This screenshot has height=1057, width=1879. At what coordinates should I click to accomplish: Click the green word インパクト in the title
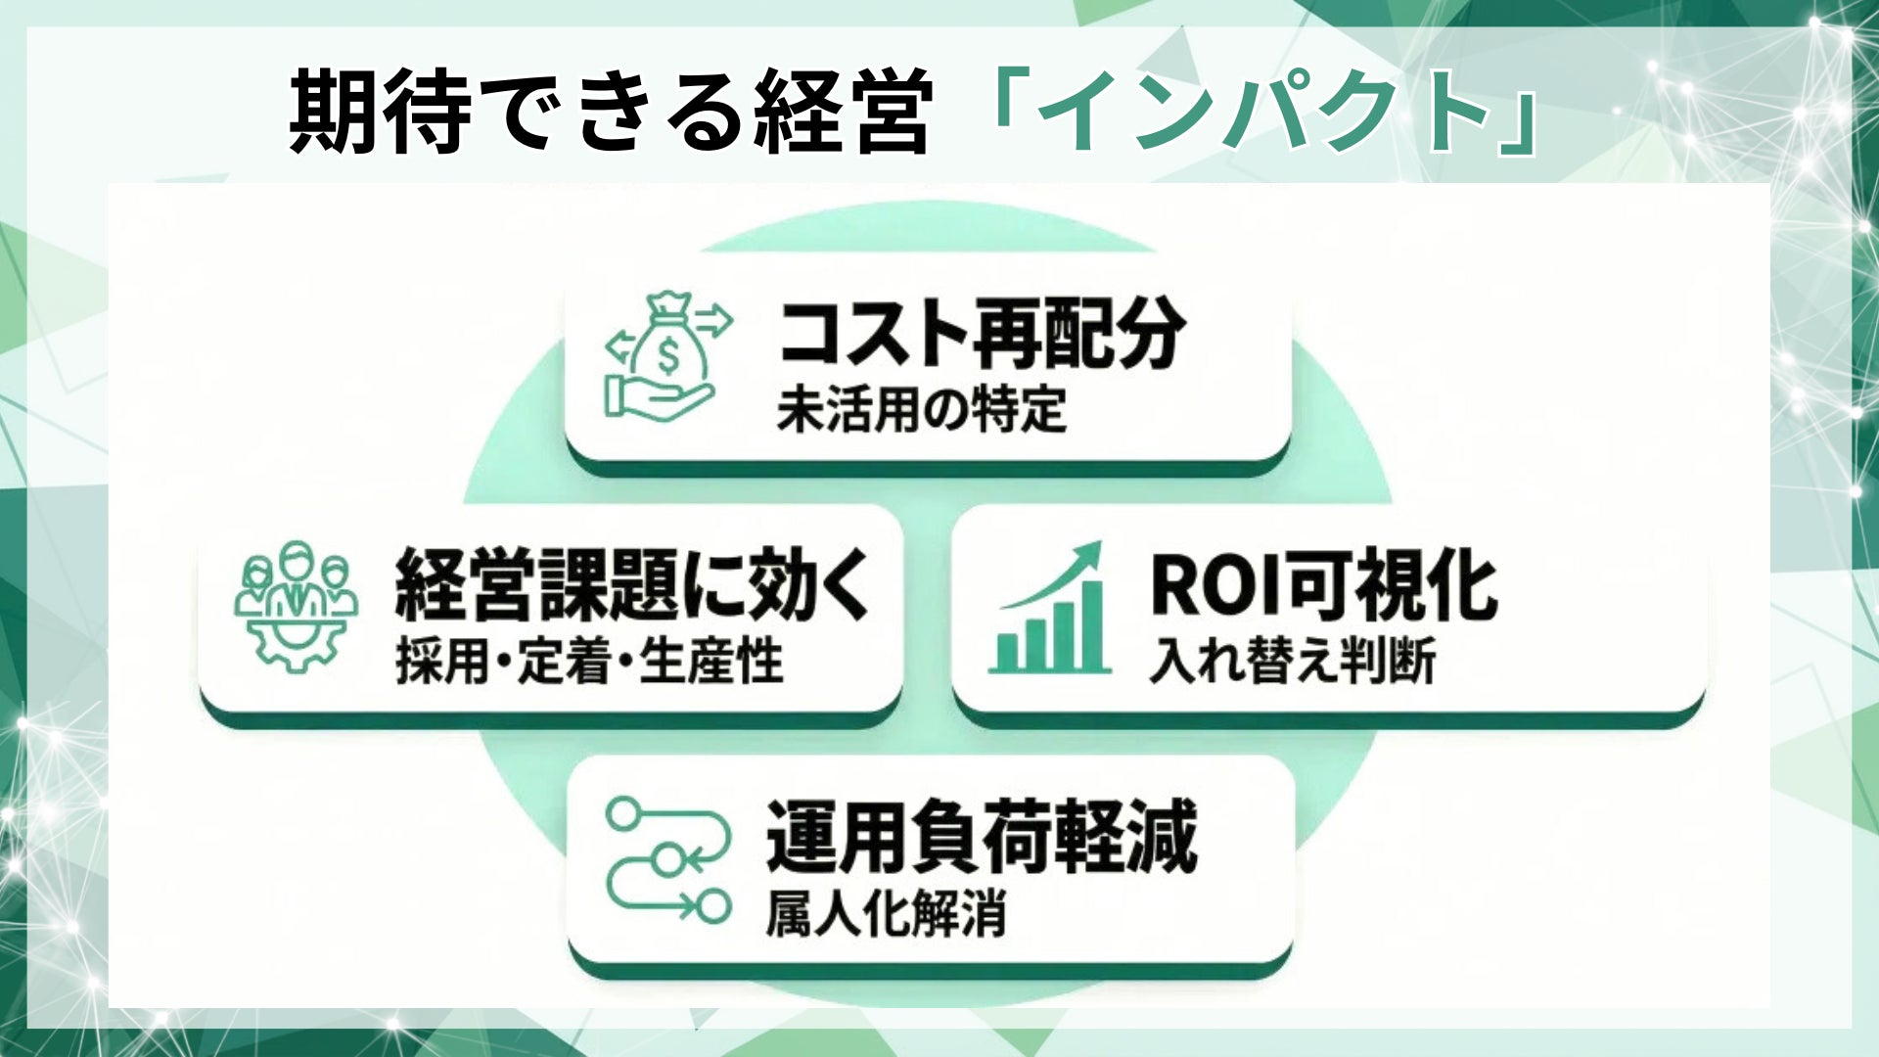pos(1262,113)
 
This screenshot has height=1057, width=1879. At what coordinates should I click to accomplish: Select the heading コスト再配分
pos(982,334)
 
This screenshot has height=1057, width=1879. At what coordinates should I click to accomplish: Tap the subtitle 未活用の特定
pos(921,409)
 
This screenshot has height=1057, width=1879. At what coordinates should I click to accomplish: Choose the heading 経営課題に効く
pos(632,585)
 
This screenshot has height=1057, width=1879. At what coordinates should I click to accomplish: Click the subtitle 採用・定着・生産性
pos(589,662)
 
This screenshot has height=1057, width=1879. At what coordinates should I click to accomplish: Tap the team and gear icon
pos(296,605)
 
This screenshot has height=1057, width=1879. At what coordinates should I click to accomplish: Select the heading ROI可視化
pos(1323,585)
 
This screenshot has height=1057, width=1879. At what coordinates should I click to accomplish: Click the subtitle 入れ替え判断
pos(1292,662)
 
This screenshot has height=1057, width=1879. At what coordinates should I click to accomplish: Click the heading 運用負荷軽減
pos(982,837)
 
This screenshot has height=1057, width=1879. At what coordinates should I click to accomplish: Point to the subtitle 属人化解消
pos(886,915)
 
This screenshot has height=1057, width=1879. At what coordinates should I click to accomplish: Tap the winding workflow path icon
pos(668,859)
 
